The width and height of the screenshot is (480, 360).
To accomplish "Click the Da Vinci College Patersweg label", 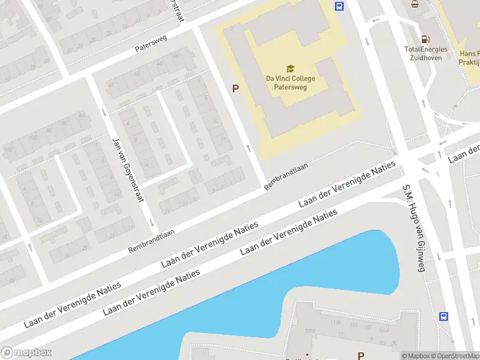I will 290,82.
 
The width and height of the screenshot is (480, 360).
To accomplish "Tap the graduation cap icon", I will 290,69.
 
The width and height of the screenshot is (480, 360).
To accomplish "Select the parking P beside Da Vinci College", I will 236,88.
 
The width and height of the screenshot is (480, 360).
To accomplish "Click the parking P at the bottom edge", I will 361,355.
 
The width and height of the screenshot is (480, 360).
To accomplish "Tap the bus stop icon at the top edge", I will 339,7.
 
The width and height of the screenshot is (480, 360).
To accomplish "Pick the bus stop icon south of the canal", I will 444,316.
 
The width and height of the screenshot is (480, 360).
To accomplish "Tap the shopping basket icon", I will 415,4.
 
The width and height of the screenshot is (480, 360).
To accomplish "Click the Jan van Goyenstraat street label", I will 127,170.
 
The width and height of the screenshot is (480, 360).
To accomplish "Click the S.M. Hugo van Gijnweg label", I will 413,228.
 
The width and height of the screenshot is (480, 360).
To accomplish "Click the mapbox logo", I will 26,353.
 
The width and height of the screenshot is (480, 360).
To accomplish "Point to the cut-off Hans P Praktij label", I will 468,57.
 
